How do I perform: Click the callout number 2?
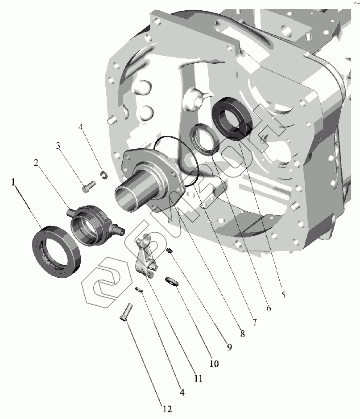click(36, 162)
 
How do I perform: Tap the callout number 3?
click(58, 146)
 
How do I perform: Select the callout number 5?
click(283, 295)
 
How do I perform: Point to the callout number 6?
click(269, 308)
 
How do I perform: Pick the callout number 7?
click(255, 322)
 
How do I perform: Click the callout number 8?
click(242, 333)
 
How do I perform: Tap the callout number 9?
click(229, 347)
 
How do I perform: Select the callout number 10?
click(214, 363)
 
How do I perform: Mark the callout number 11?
click(198, 378)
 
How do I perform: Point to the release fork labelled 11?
click(146, 257)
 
